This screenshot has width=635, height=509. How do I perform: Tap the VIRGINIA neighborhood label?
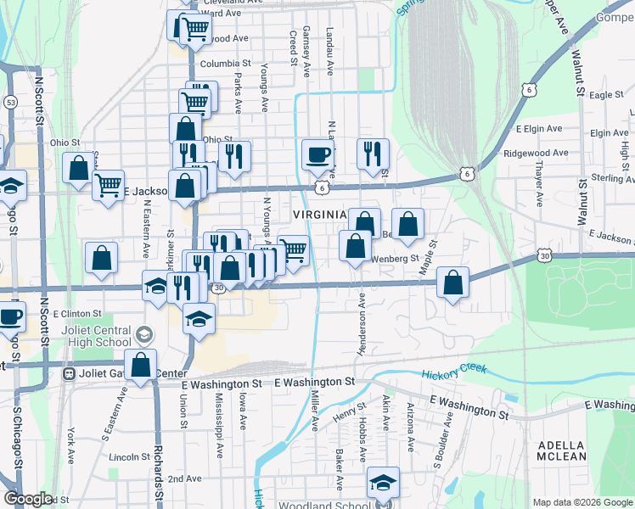320,215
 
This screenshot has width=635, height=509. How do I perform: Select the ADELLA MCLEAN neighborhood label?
560,450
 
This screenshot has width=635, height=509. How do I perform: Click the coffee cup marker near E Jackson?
317,155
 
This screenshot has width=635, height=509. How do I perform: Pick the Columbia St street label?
226,64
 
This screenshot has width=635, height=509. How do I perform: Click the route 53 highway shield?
11,102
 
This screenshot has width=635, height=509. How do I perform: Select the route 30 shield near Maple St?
544,255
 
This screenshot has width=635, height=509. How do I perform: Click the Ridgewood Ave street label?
535,154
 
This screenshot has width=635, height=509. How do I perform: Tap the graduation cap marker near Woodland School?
383,483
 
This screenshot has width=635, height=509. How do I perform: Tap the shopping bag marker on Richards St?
141,366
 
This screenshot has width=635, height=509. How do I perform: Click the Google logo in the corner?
29,499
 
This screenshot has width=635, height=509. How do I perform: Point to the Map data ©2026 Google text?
582,502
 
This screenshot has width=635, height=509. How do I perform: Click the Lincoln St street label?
130,456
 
